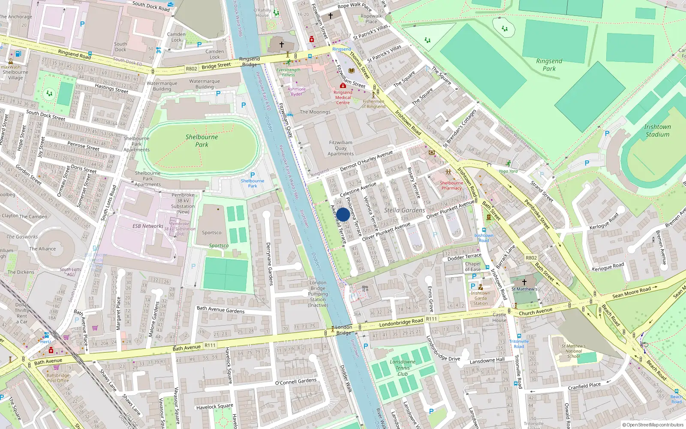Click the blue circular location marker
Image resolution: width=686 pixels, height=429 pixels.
point(343,214)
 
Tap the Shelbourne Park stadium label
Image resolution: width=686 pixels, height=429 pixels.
point(202,141)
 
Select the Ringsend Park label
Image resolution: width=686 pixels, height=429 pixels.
point(549,65)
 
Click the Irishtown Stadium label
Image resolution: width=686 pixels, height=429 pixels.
point(657,130)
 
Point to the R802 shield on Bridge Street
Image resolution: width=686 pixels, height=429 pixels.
point(191,69)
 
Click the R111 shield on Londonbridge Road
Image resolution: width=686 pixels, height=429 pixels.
point(431,319)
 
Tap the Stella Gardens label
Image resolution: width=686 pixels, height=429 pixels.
point(404,210)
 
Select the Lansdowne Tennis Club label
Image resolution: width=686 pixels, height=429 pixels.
point(403,368)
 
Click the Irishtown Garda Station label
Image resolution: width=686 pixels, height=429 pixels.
point(480,298)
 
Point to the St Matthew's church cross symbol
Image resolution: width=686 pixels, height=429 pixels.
point(524,282)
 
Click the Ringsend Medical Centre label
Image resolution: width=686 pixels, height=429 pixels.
point(343,97)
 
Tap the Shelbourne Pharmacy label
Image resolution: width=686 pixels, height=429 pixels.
point(451,185)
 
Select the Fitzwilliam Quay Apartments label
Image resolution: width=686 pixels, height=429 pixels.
point(341,148)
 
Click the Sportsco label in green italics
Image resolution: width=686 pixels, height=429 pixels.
point(219,246)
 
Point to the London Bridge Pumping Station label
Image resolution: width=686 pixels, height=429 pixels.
point(318,294)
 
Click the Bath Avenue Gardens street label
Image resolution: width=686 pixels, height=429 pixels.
point(220,310)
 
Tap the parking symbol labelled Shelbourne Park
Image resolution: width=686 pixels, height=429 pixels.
point(253,175)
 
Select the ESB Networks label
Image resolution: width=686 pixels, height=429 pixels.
point(148,226)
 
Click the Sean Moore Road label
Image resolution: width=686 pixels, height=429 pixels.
point(632,293)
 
